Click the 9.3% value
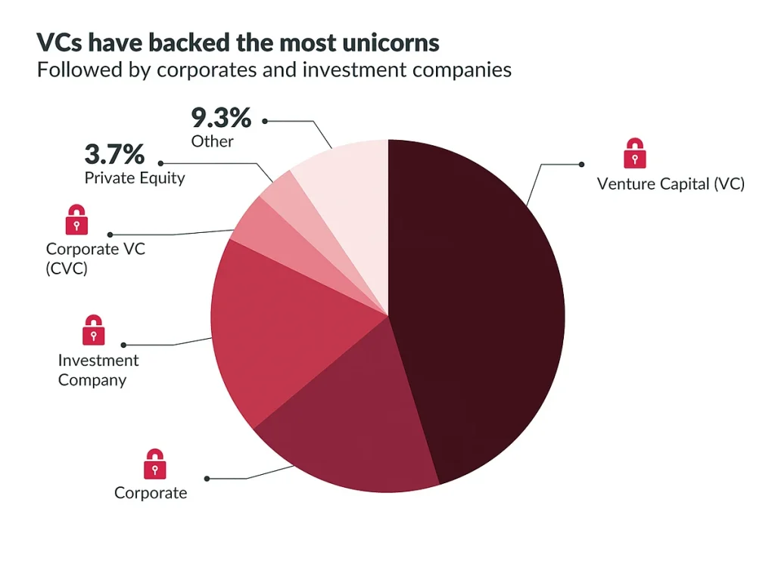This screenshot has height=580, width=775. click(220, 119)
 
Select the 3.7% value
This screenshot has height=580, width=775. click(114, 155)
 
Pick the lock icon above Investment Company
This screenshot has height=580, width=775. click(93, 330)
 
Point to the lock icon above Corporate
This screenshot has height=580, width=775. click(154, 464)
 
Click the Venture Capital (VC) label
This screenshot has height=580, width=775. click(671, 184)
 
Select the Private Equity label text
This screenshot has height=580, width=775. click(134, 178)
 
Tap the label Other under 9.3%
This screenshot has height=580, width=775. click(212, 141)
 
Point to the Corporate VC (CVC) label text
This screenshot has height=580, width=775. click(95, 258)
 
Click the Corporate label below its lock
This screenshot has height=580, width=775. click(150, 493)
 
